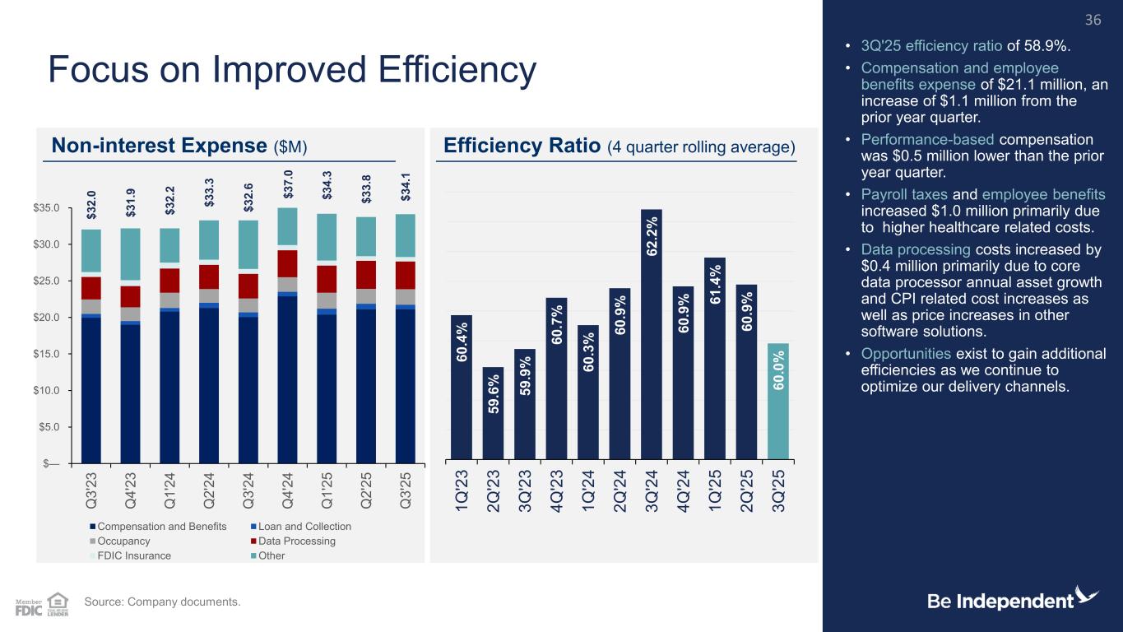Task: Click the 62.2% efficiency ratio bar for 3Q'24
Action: coord(652,333)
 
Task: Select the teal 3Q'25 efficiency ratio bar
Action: coord(778,400)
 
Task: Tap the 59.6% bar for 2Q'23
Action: coord(494,412)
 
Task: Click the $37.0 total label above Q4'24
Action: coord(288,184)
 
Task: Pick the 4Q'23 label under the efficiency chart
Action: coord(557,492)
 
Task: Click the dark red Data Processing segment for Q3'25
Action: coord(406,275)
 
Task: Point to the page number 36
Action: coord(1093,19)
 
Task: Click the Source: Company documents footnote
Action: coord(162,602)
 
